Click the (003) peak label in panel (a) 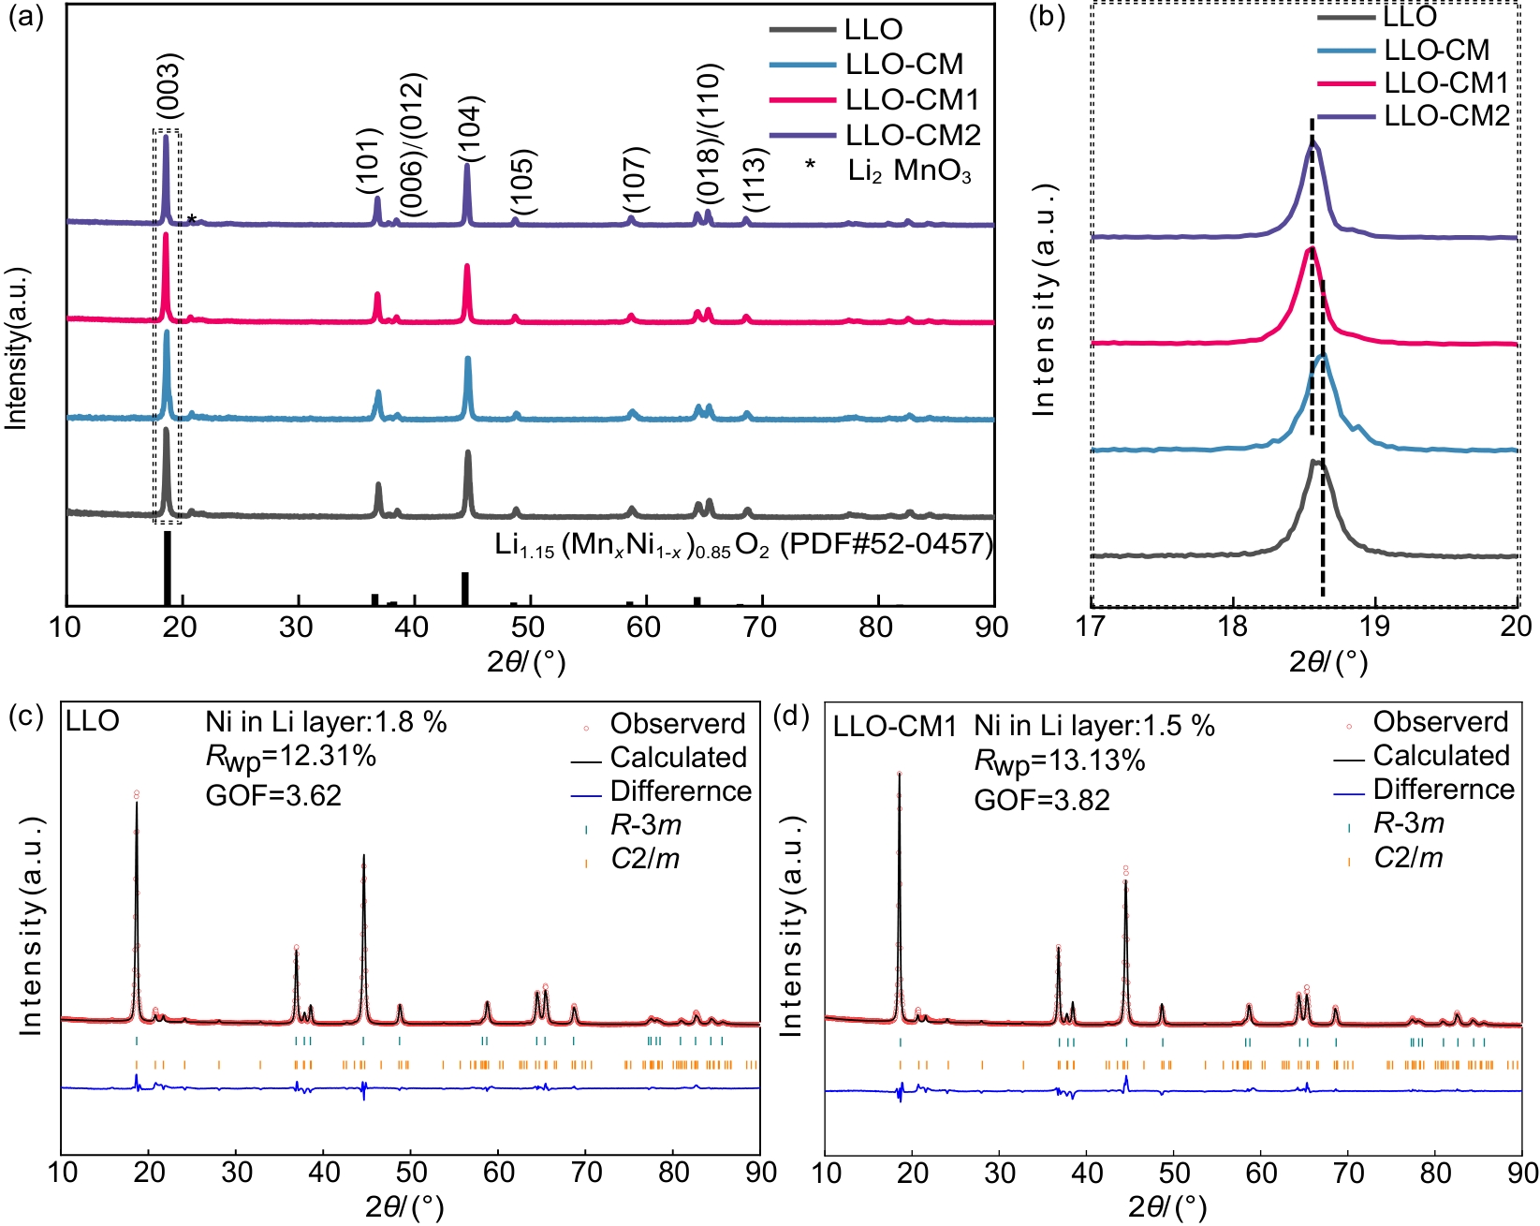pyautogui.click(x=168, y=87)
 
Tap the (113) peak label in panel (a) pyautogui.click(x=755, y=180)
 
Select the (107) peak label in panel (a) pyautogui.click(x=636, y=180)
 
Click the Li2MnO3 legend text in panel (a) pyautogui.click(x=909, y=172)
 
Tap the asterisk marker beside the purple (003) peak pyautogui.click(x=192, y=220)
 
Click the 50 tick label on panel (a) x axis pyautogui.click(x=529, y=627)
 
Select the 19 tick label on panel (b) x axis pyautogui.click(x=1375, y=627)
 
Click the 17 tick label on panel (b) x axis pyautogui.click(x=1092, y=627)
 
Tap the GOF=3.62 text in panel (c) pyautogui.click(x=273, y=795)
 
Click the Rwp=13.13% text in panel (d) pyautogui.click(x=1060, y=761)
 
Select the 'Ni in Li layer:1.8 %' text pyautogui.click(x=326, y=723)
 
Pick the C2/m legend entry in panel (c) pyautogui.click(x=645, y=858)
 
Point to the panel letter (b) pyautogui.click(x=1047, y=19)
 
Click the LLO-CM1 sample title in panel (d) pyautogui.click(x=894, y=727)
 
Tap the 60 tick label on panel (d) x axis pyautogui.click(x=1261, y=1173)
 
